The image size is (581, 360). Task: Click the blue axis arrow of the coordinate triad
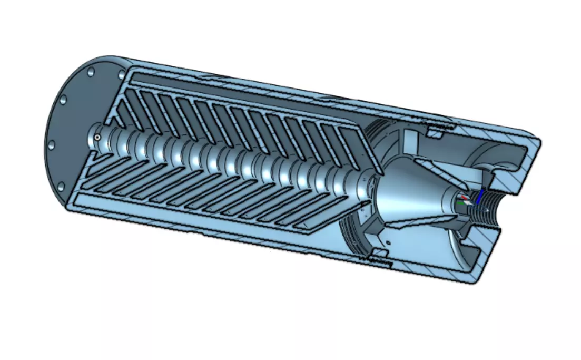tap(479, 197)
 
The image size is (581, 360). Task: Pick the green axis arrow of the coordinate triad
tap(461, 202)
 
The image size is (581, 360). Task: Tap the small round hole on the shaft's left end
tap(97, 138)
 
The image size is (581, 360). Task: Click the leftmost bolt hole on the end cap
tap(52, 144)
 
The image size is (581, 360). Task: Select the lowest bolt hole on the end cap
tap(61, 186)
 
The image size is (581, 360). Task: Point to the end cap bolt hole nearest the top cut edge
tap(90, 71)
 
